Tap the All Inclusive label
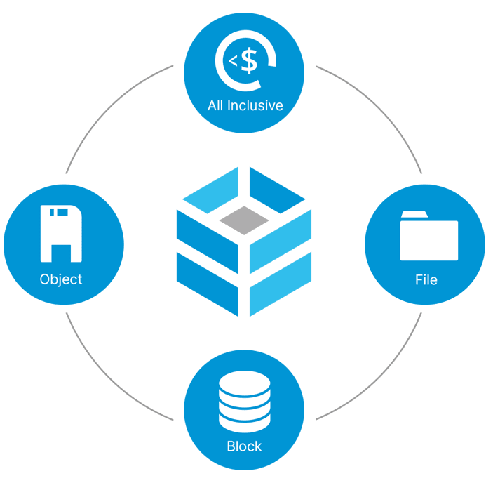[x=245, y=106]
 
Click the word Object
[x=61, y=279]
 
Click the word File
[x=426, y=279]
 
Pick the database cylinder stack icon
[x=243, y=402]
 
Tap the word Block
[x=244, y=446]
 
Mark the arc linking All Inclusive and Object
[x=105, y=105]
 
